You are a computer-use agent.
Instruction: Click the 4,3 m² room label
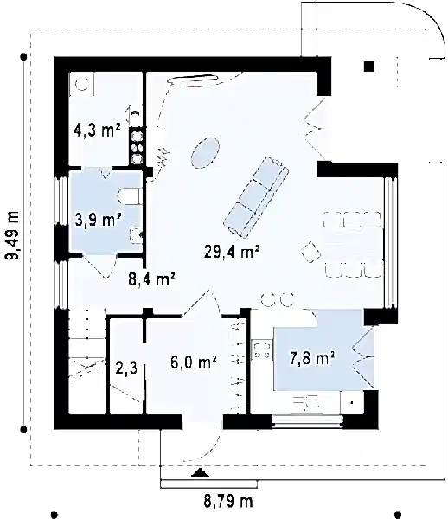coord(96,132)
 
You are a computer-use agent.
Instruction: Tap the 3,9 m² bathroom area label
coord(96,220)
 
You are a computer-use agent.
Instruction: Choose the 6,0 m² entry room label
coord(192,364)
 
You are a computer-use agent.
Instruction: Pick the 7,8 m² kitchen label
coord(311,355)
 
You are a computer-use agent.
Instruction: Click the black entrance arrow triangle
coord(201,472)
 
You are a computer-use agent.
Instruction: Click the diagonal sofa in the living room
coord(256,195)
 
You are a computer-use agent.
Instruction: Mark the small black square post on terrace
coord(370,66)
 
